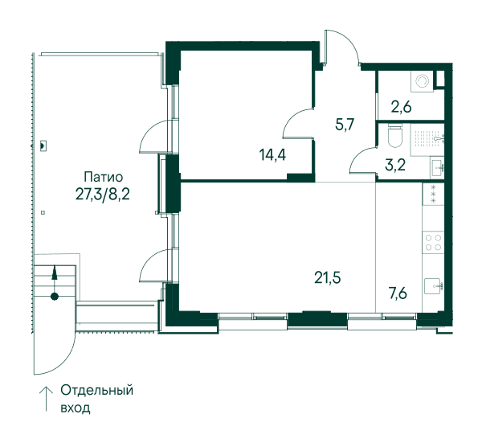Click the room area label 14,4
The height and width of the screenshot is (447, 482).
(272, 154)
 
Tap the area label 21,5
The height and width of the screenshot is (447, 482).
(328, 278)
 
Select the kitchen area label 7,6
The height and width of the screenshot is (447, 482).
(398, 293)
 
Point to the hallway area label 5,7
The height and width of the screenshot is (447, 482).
(345, 125)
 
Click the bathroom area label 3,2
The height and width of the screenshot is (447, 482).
(395, 165)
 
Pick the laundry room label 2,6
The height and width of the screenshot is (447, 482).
(401, 108)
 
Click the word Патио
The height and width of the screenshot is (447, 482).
(104, 177)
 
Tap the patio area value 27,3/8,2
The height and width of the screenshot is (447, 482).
(102, 195)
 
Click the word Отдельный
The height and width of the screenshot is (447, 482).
(97, 391)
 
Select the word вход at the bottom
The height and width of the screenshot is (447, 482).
(76, 408)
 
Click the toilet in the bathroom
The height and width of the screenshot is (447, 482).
(394, 136)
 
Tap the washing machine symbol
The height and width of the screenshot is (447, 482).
(422, 81)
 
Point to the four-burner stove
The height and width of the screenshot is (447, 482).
(433, 243)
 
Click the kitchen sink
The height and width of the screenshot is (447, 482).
(434, 286)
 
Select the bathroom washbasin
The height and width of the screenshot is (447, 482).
(437, 167)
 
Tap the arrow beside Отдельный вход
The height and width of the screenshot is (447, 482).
(47, 399)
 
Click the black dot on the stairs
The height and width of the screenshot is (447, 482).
(55, 297)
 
